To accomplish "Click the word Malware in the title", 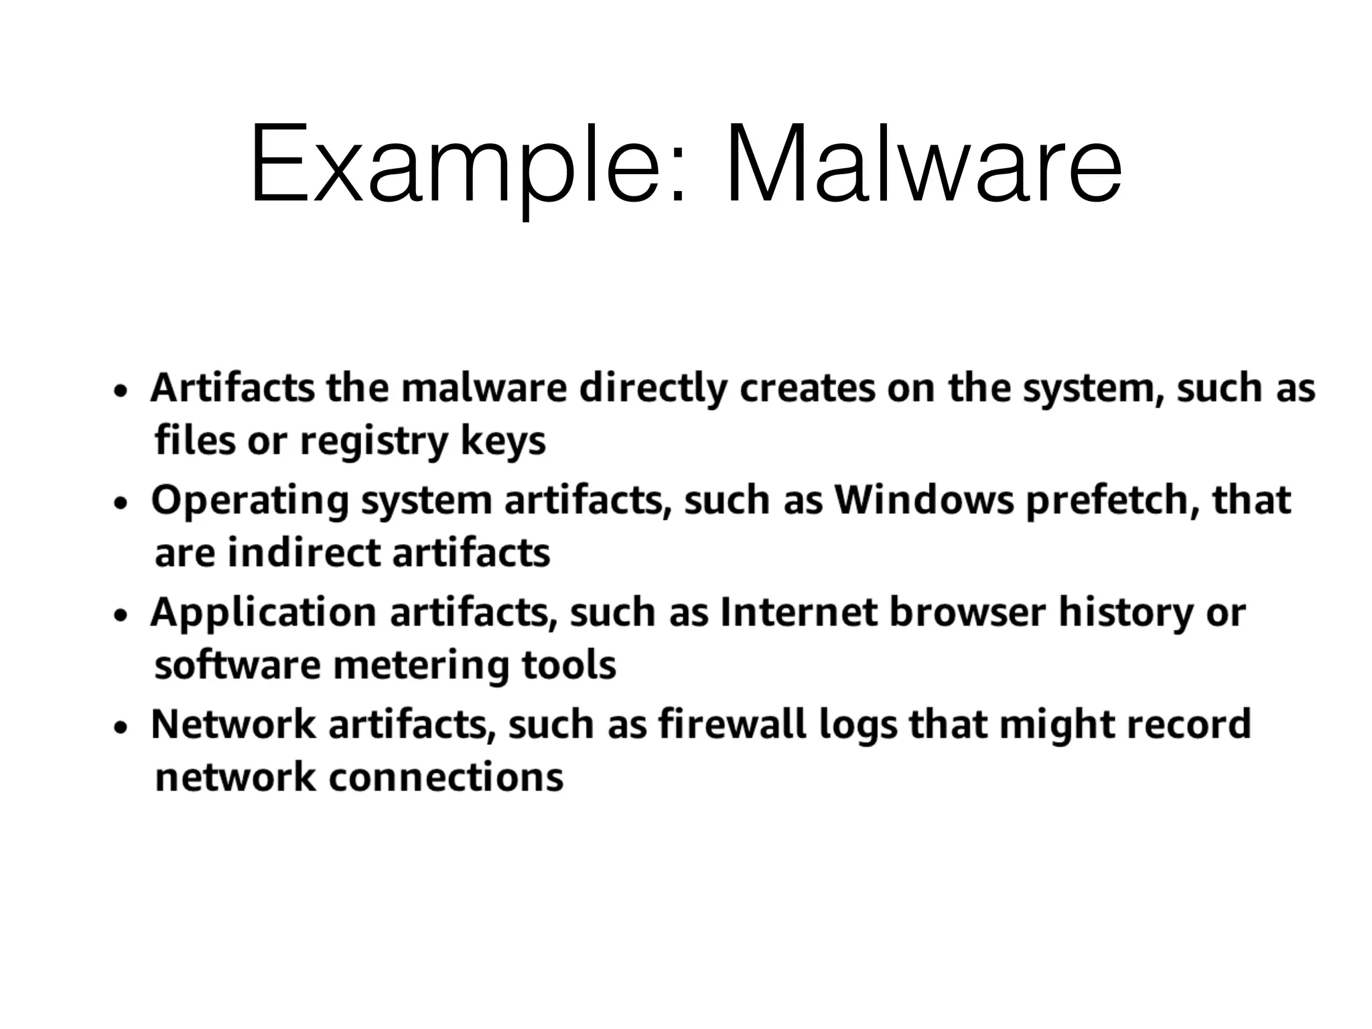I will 924,164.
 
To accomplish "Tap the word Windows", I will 924,500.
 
